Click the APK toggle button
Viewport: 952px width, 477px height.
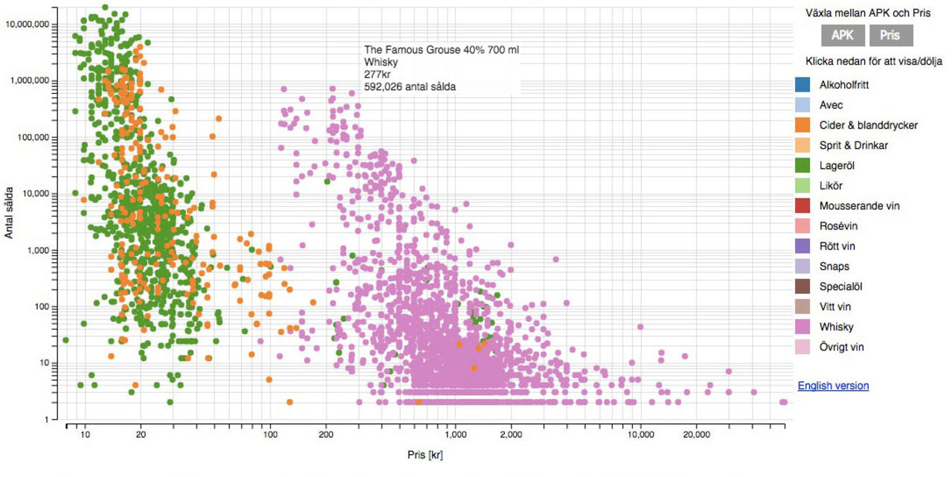pyautogui.click(x=843, y=35)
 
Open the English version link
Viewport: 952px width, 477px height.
pyautogui.click(x=833, y=385)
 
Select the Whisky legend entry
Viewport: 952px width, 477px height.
pyautogui.click(x=836, y=327)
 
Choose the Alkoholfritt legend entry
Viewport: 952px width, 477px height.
pyautogui.click(x=843, y=86)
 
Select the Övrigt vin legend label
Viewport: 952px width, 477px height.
pyautogui.click(x=841, y=347)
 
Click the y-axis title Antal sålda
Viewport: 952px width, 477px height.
pyautogui.click(x=10, y=213)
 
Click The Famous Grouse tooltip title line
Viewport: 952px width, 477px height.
pyautogui.click(x=441, y=50)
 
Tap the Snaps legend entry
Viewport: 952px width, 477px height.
pyautogui.click(x=834, y=266)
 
